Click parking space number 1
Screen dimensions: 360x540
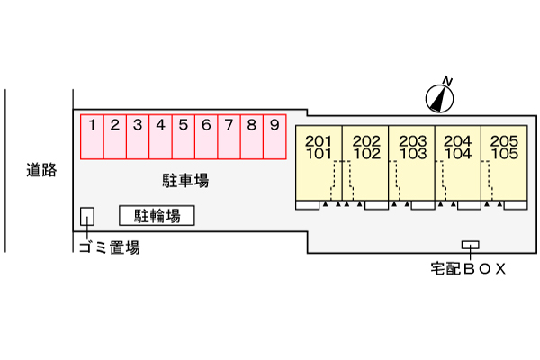point(93,136)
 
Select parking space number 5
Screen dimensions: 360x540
point(184,136)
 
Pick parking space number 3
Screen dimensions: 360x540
point(138,136)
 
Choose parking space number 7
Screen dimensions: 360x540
point(229,136)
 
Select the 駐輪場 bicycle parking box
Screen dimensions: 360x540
point(157,215)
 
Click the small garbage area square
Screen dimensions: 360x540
point(87,216)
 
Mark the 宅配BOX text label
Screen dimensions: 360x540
point(468,267)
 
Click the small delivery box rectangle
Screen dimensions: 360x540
point(470,245)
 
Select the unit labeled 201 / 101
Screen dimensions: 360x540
point(319,163)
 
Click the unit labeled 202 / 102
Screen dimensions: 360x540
point(366,163)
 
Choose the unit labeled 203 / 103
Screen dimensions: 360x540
point(412,163)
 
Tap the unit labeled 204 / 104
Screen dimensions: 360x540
point(458,163)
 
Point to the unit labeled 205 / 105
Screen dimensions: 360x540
point(504,163)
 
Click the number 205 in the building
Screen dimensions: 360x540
point(504,141)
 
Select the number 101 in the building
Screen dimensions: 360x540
point(319,153)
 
